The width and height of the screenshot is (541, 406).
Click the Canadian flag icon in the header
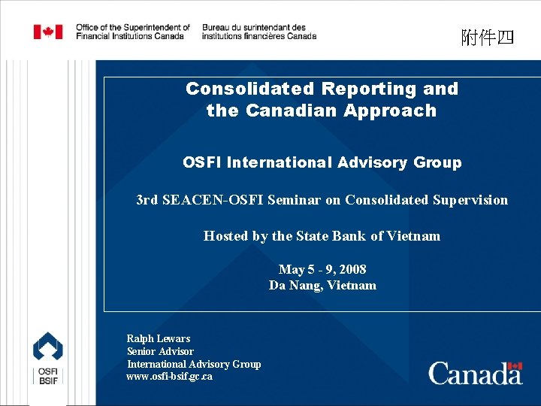[48, 32]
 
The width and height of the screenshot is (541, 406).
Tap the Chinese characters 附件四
[488, 37]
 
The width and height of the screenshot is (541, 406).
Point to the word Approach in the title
[390, 111]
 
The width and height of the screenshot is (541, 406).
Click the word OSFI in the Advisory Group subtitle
[202, 162]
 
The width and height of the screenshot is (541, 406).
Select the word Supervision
[470, 200]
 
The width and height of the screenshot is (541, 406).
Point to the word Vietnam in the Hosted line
[413, 236]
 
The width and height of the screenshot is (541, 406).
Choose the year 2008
[352, 269]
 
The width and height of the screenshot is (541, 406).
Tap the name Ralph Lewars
[159, 338]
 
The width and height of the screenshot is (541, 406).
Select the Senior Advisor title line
[160, 351]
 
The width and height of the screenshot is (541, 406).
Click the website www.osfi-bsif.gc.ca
[169, 377]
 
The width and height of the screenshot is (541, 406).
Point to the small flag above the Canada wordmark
[515, 366]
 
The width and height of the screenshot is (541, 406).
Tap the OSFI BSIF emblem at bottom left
[47, 359]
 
